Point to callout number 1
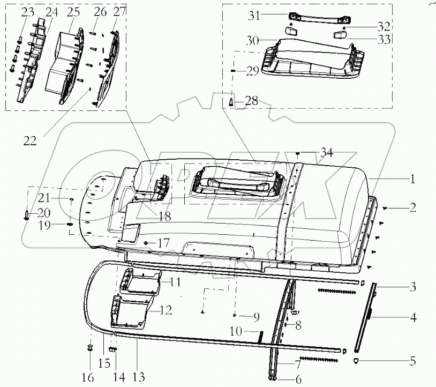coord(412,180)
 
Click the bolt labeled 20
coord(27,215)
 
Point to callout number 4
coord(413,318)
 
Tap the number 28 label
coord(251,100)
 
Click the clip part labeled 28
coord(232,101)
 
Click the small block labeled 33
coord(338,35)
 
